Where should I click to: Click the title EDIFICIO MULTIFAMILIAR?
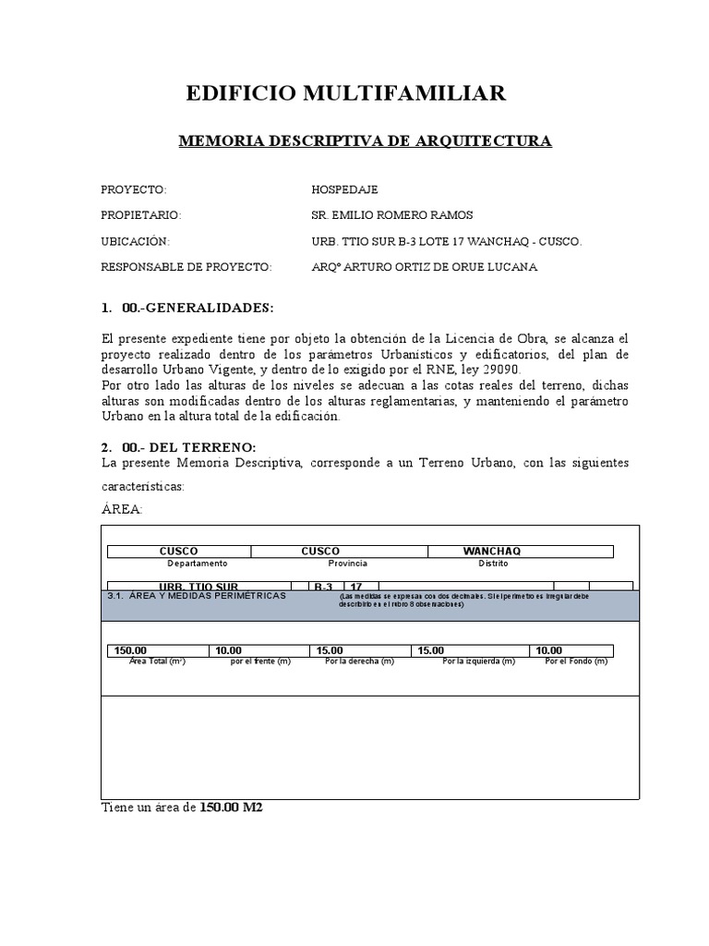(346, 93)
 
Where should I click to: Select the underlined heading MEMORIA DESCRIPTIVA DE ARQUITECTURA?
(365, 141)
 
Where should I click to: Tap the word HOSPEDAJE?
(345, 189)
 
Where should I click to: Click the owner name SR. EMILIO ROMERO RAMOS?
(392, 215)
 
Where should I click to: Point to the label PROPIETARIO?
(140, 215)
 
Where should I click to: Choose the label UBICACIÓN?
(136, 241)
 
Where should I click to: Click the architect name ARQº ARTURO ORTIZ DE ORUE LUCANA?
(425, 267)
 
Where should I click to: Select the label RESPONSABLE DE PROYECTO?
(186, 267)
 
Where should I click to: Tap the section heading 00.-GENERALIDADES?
(198, 307)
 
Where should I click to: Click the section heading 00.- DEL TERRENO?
(188, 447)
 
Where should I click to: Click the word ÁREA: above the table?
(122, 509)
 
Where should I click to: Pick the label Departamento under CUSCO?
(197, 563)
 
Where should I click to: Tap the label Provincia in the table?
(347, 563)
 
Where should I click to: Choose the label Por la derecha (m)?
(359, 661)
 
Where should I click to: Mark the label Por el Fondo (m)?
(575, 661)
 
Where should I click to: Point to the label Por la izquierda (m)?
(478, 661)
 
